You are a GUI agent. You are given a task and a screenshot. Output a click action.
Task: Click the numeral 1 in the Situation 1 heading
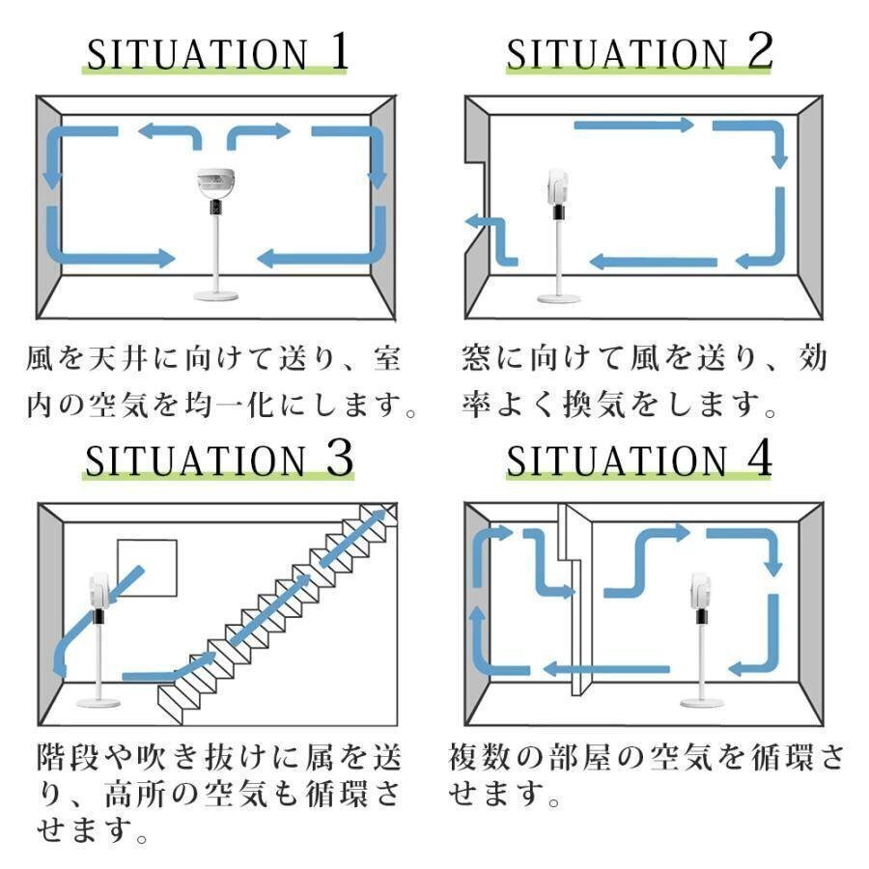click(x=340, y=51)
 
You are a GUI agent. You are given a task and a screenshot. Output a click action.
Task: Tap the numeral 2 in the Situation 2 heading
click(x=760, y=51)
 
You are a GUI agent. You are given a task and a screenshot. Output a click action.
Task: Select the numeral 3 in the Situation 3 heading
click(x=340, y=458)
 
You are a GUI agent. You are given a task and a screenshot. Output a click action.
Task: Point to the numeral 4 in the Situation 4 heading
click(x=759, y=458)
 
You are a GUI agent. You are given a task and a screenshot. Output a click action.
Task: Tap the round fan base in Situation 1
click(x=215, y=294)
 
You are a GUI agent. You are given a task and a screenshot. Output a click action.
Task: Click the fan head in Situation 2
click(x=557, y=186)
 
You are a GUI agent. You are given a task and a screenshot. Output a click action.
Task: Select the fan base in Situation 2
click(x=559, y=298)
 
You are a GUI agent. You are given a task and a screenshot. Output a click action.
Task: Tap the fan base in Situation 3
click(x=98, y=702)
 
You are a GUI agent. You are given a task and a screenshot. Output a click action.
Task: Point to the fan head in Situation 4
click(x=702, y=591)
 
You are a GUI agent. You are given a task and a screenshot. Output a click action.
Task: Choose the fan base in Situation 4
click(x=702, y=703)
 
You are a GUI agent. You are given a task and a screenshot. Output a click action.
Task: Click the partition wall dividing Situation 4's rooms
click(x=576, y=600)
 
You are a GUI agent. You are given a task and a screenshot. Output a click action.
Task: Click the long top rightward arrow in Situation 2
click(x=634, y=126)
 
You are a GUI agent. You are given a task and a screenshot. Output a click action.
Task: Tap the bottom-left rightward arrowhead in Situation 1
click(x=166, y=258)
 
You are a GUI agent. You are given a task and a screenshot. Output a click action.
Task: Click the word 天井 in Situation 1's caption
click(x=118, y=358)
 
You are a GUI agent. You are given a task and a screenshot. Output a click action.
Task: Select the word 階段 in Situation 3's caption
click(x=67, y=757)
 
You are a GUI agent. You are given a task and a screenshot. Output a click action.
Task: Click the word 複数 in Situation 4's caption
click(x=479, y=757)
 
